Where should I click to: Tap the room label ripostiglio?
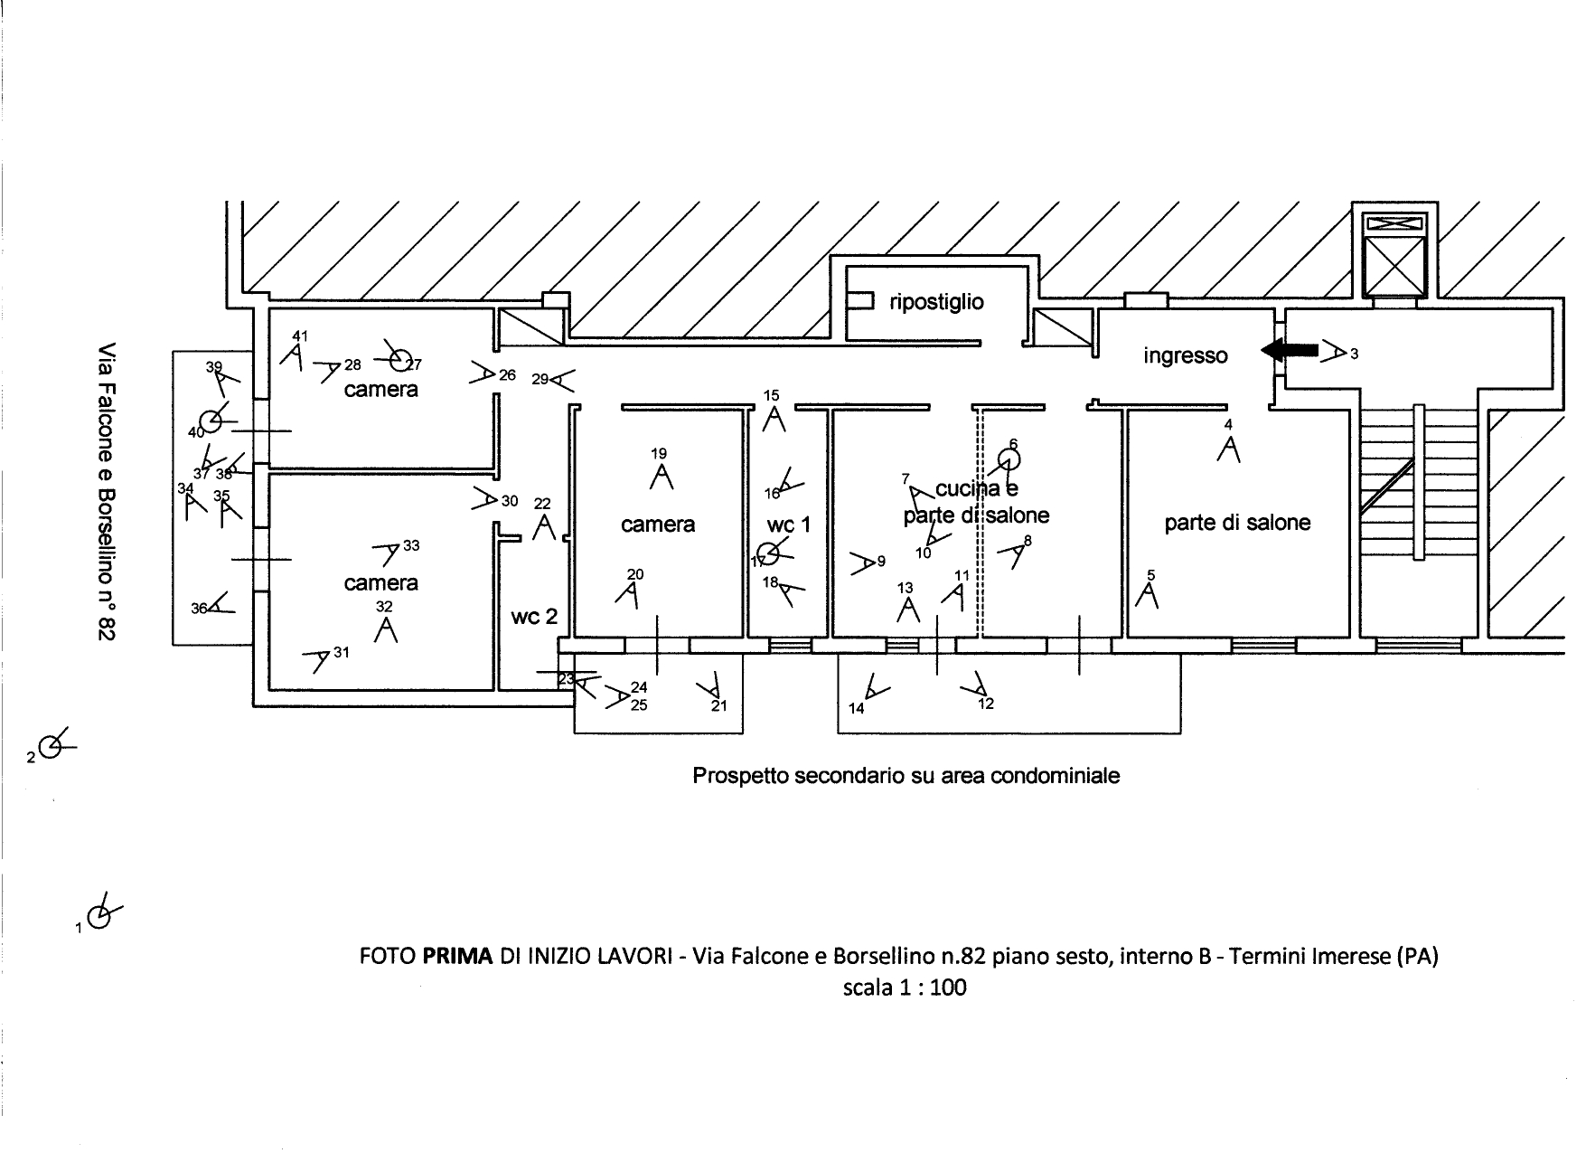(936, 302)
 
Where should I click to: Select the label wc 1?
(789, 525)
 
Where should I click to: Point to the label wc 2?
(534, 617)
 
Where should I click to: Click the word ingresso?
(1185, 355)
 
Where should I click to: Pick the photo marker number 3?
(1354, 354)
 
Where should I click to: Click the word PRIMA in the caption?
(457, 956)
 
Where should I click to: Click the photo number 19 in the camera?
(659, 454)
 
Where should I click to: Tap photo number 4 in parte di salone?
(1227, 424)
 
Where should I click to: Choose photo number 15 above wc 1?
(771, 395)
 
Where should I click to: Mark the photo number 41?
(300, 336)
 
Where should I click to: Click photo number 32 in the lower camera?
(385, 607)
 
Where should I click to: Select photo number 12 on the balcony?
(986, 704)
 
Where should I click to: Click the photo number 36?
(199, 609)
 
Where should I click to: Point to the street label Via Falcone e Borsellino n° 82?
(108, 493)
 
